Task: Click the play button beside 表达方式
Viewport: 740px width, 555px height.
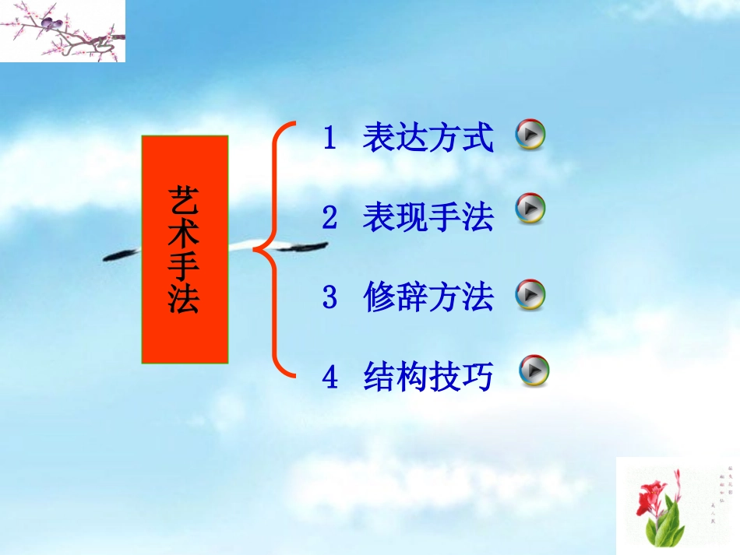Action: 530,135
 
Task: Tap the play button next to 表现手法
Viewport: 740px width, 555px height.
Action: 530,209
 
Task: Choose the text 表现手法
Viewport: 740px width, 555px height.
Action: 428,218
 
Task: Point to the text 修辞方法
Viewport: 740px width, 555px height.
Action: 428,297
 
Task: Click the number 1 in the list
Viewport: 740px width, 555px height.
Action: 329,139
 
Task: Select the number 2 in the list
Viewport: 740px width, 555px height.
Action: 329,219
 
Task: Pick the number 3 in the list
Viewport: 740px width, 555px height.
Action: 329,298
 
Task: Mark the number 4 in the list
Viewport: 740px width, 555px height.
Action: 329,378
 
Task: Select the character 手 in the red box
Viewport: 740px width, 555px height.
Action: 184,266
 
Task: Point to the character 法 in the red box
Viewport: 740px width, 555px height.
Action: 184,300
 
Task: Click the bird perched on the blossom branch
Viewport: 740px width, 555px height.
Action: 51,24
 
